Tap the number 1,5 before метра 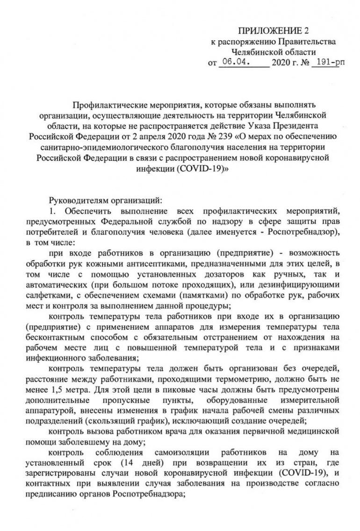(x=61, y=390)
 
